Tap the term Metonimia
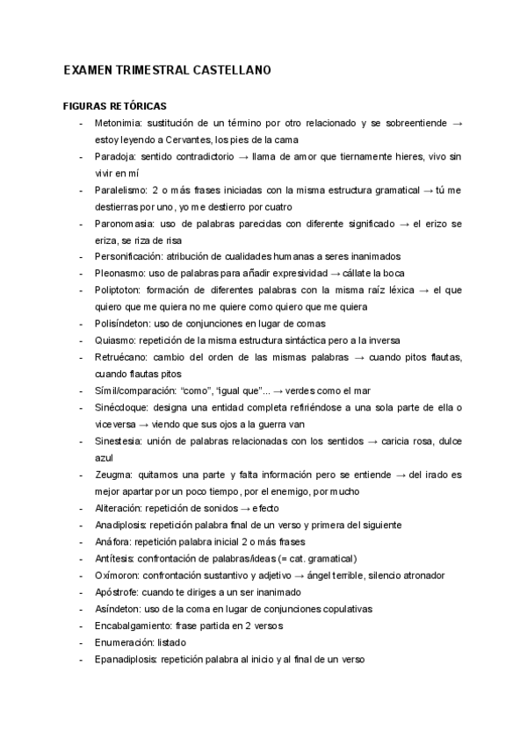[119, 123]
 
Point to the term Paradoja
[114, 156]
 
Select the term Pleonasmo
[119, 273]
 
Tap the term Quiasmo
[115, 340]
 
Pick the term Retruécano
[120, 356]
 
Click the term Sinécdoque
[120, 406]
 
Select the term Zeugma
[113, 475]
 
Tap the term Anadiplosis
[121, 525]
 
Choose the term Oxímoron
[119, 575]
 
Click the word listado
[174, 641]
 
